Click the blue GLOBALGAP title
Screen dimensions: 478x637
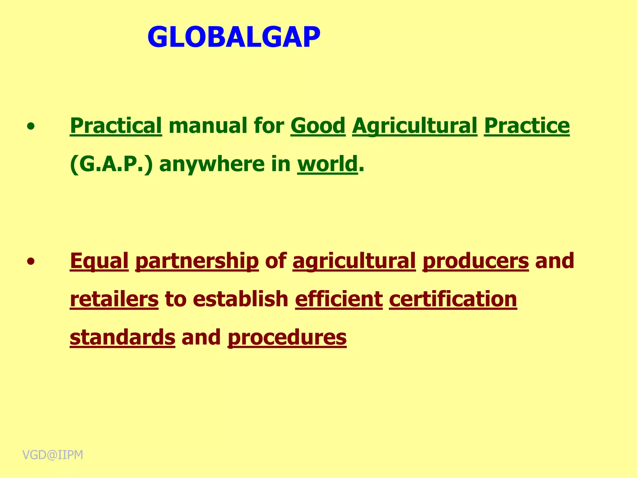click(234, 37)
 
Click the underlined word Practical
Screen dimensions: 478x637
click(116, 126)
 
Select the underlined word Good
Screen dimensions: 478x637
click(318, 126)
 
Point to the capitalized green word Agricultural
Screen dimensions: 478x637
click(415, 126)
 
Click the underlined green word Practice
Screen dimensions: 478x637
click(527, 126)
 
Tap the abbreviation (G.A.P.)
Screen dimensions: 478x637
click(111, 164)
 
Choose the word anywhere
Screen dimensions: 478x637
click(212, 164)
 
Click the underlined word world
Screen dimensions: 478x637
click(328, 164)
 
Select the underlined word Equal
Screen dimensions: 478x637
click(99, 261)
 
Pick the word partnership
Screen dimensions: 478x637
click(197, 261)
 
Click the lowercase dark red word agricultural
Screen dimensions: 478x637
click(354, 261)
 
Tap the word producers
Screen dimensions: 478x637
click(476, 261)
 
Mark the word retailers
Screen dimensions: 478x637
click(114, 299)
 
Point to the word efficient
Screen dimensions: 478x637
click(339, 299)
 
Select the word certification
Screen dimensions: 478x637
click(453, 299)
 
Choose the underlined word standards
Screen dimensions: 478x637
click(123, 337)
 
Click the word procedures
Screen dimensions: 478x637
click(287, 337)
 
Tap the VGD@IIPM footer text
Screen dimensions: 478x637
click(53, 455)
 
